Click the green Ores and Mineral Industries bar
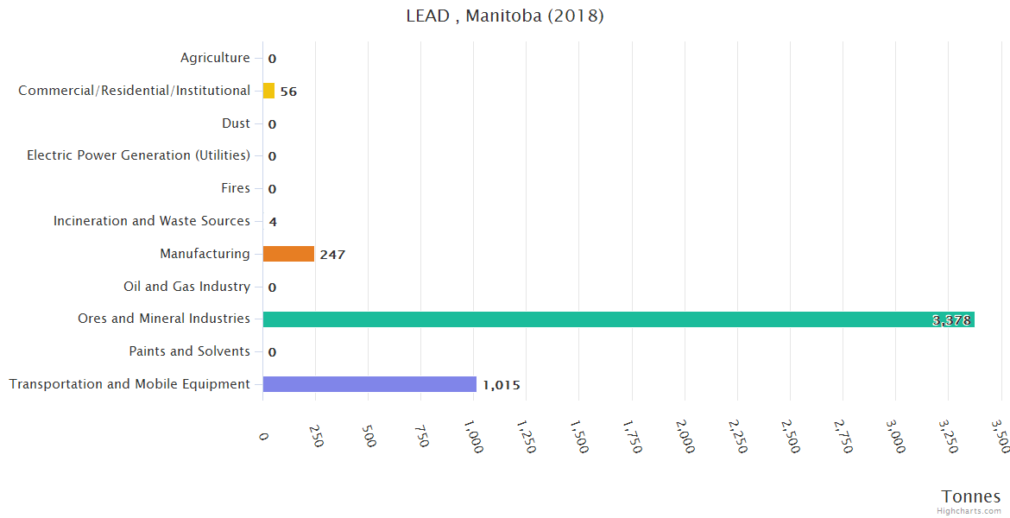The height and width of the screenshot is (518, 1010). click(x=618, y=319)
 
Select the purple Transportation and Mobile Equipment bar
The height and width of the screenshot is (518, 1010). click(x=369, y=384)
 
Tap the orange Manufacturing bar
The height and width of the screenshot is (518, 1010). click(x=288, y=254)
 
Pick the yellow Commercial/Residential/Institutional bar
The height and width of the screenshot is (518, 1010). click(x=268, y=91)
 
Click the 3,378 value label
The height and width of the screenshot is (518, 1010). click(x=952, y=320)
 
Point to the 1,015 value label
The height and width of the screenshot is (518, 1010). click(x=502, y=385)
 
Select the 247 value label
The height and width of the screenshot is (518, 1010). click(x=332, y=255)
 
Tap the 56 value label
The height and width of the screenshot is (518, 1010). click(x=288, y=92)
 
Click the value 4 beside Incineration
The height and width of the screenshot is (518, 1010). click(x=273, y=222)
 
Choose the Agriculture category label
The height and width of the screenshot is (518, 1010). click(x=215, y=58)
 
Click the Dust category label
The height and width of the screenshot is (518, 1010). click(x=236, y=123)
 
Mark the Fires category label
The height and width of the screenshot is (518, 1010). click(x=236, y=188)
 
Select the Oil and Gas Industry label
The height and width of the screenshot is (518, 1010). click(x=186, y=287)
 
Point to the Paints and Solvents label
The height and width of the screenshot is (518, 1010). click(x=189, y=351)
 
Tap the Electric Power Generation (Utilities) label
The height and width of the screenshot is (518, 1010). click(x=138, y=155)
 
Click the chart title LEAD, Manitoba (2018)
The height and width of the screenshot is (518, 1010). click(x=505, y=16)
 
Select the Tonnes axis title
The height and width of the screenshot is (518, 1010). click(x=971, y=496)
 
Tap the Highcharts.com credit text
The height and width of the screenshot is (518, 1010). click(x=969, y=511)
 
